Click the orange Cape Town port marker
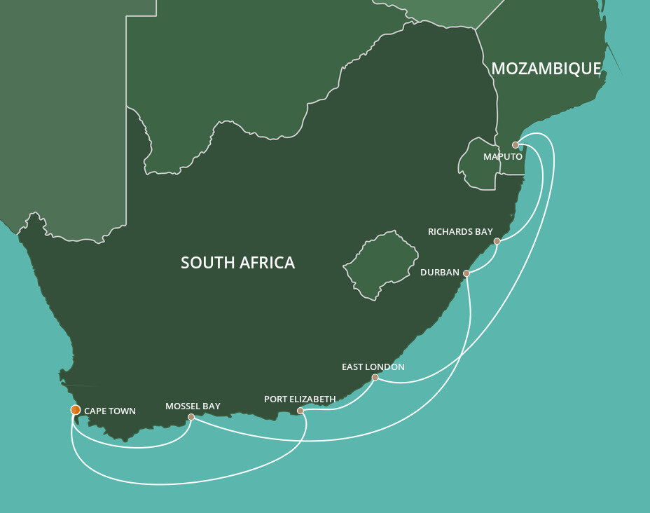(76, 410)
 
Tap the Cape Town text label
(110, 411)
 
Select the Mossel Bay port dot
(191, 417)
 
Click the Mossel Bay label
(193, 406)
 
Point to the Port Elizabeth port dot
(300, 411)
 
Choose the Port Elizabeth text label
(300, 399)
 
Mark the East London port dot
(375, 377)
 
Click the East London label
(373, 367)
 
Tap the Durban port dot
(466, 273)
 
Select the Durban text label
(440, 272)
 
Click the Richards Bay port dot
(497, 241)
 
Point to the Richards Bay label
(461, 232)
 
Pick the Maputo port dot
(515, 145)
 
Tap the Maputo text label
(502, 157)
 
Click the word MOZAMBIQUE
(546, 69)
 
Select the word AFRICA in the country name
(263, 263)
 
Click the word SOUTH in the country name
(205, 263)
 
